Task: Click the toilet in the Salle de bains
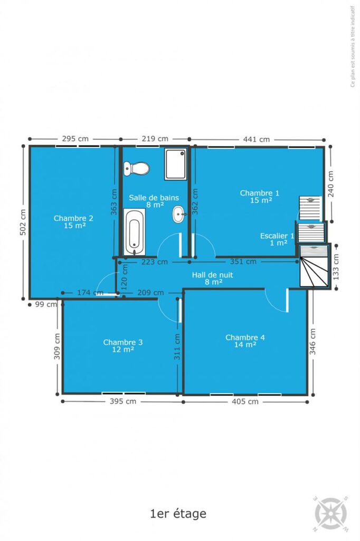(x=137, y=169)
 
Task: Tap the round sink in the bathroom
(x=179, y=214)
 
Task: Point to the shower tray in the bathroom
(x=176, y=164)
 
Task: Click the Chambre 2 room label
(x=73, y=221)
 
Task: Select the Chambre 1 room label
(x=260, y=197)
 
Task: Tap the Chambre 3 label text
(x=123, y=346)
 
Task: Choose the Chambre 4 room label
(x=245, y=341)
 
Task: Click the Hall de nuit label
(x=212, y=278)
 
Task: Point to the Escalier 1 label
(x=277, y=239)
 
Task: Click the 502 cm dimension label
(x=23, y=222)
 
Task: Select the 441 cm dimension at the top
(x=257, y=139)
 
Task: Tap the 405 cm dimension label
(x=245, y=402)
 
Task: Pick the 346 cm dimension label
(x=312, y=342)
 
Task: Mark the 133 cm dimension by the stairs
(x=336, y=267)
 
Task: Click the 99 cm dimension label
(x=46, y=304)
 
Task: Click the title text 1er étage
(x=178, y=514)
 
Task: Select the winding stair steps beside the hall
(x=314, y=266)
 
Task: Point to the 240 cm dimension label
(x=330, y=184)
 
